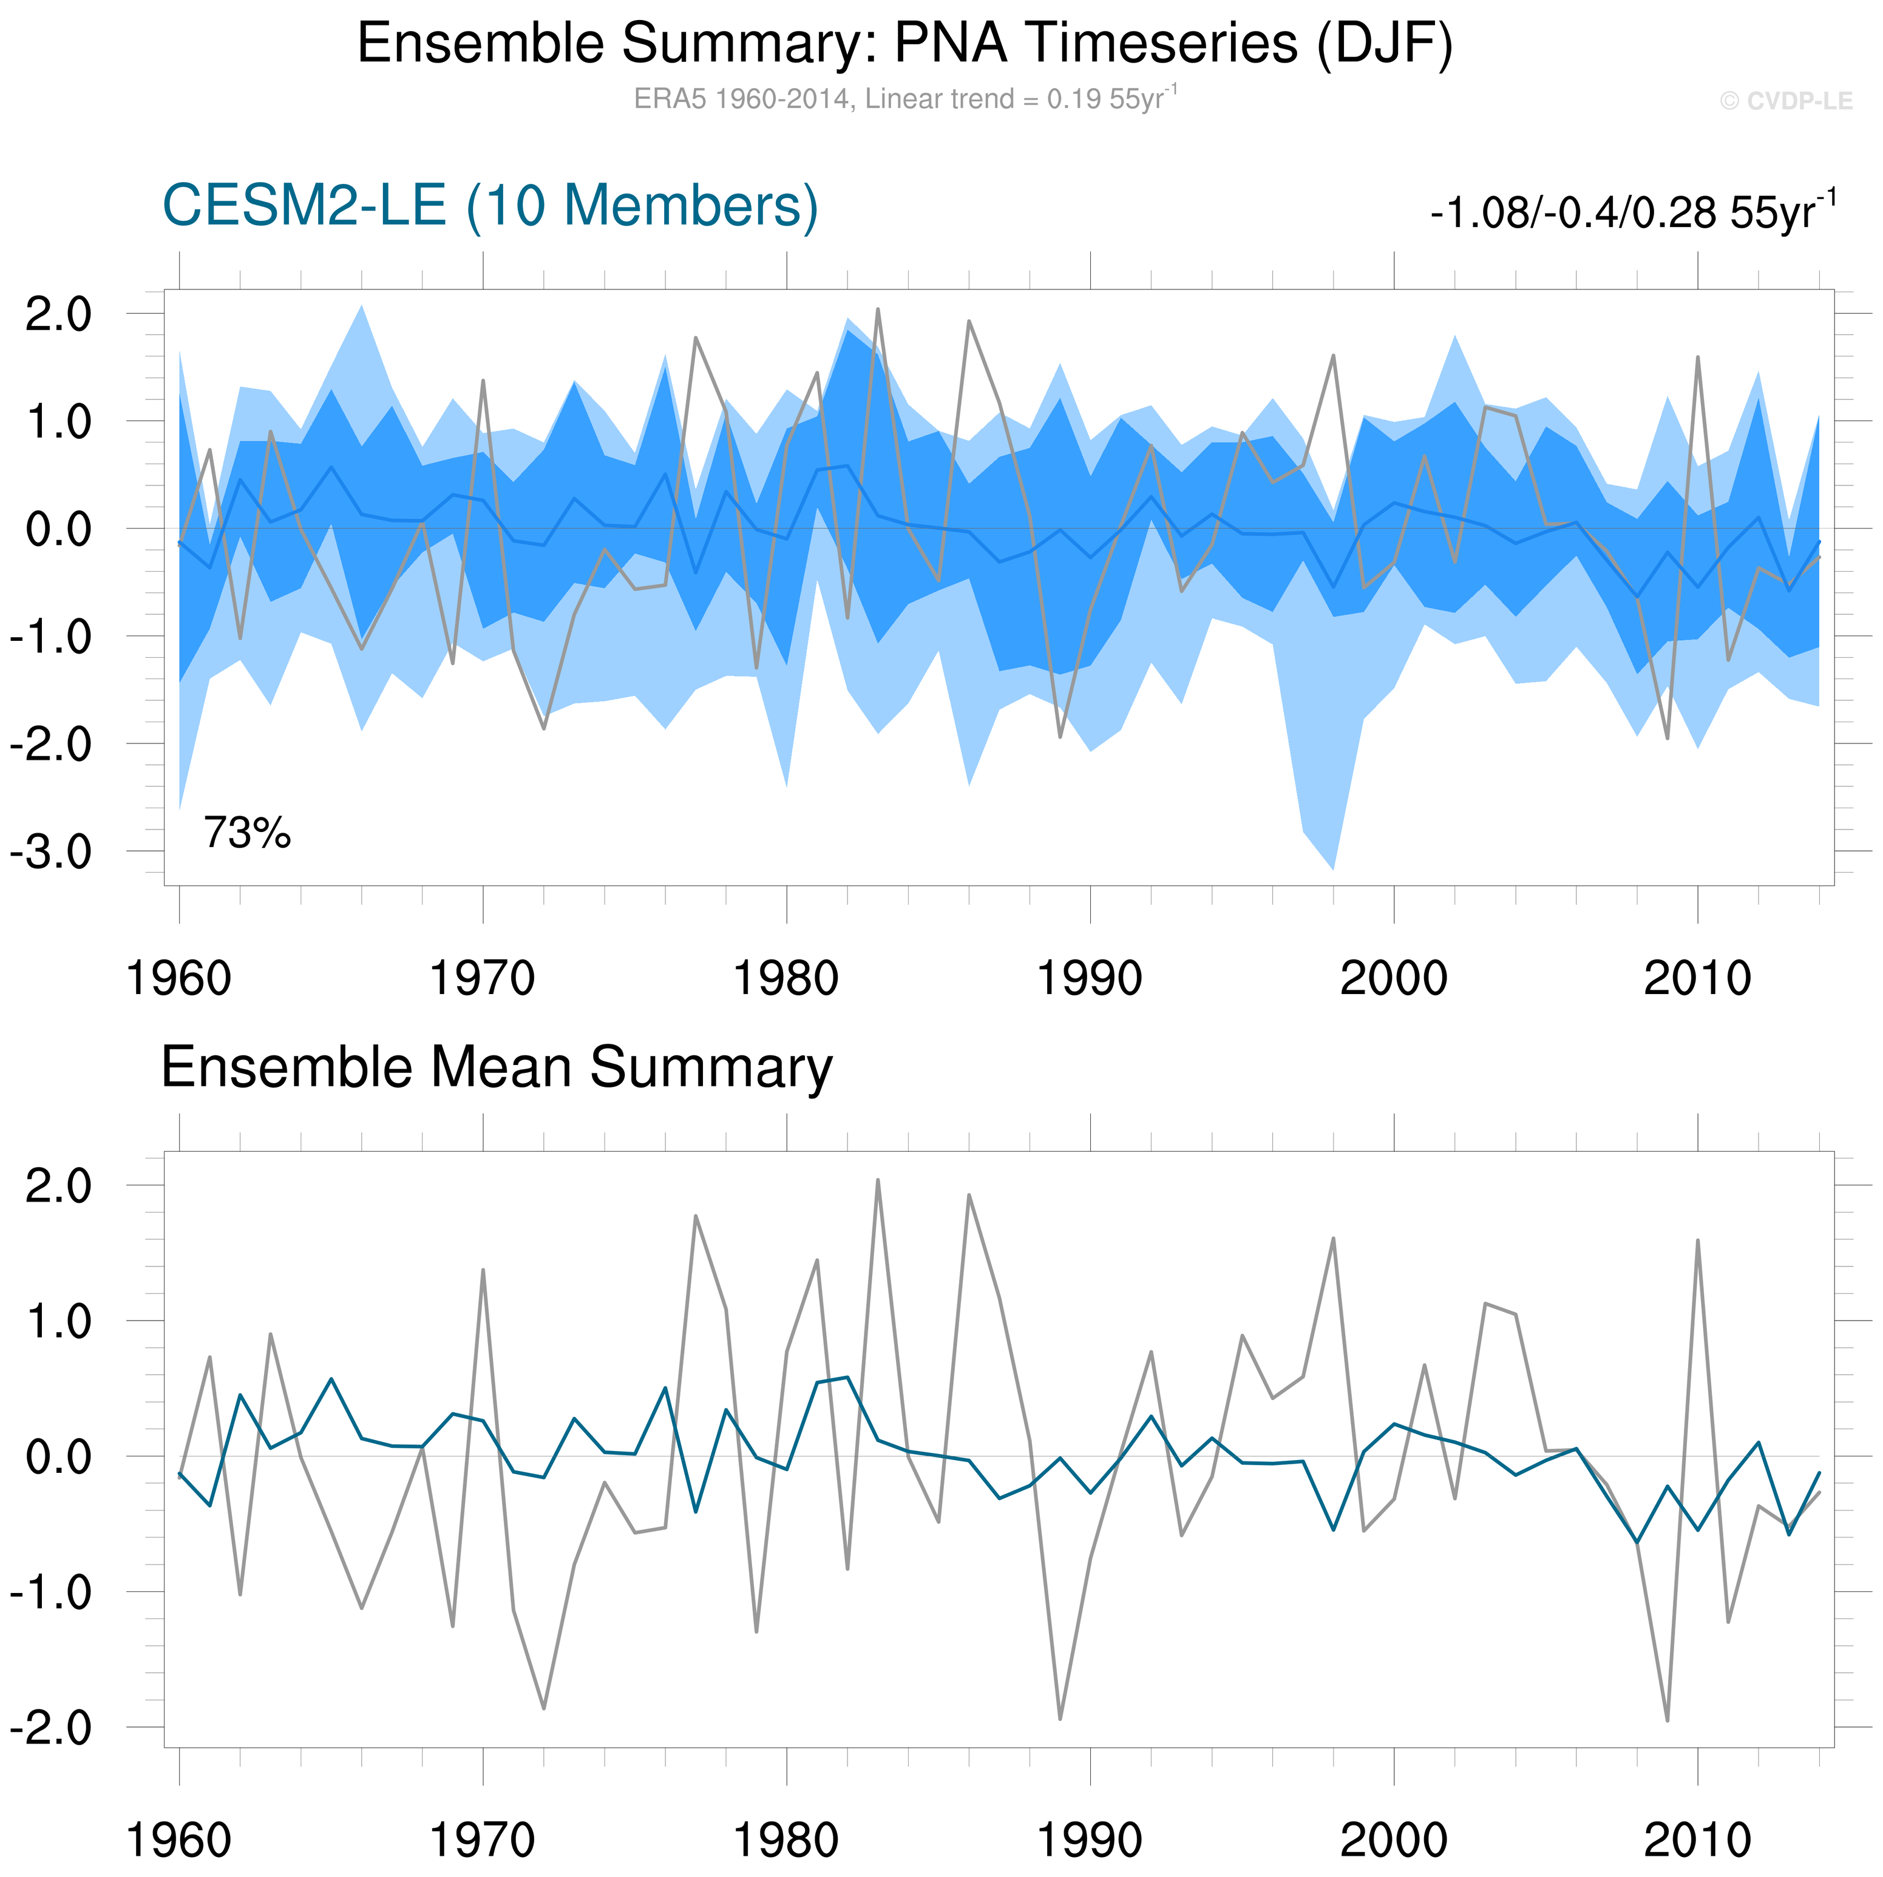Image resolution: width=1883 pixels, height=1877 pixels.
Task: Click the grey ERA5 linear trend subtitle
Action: (904, 100)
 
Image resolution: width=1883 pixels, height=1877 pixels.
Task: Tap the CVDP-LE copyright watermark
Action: (1785, 101)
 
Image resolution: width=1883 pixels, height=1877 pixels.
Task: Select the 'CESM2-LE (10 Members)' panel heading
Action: (490, 206)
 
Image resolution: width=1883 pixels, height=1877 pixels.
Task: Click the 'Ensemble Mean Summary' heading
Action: (496, 1068)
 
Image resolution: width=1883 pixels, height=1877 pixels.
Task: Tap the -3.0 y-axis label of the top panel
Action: (50, 852)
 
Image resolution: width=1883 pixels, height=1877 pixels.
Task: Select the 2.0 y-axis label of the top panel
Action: (58, 315)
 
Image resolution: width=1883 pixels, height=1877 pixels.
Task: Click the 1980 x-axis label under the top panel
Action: (785, 978)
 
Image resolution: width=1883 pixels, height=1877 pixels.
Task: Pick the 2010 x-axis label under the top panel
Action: (1697, 978)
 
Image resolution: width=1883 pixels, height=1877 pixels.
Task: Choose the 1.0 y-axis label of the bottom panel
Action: (58, 1322)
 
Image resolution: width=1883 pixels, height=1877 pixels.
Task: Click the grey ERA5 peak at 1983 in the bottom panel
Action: (877, 1180)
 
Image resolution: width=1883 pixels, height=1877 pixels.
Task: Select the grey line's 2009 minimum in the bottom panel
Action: (1668, 1720)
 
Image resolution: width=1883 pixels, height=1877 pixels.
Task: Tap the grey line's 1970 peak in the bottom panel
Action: (483, 1270)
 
